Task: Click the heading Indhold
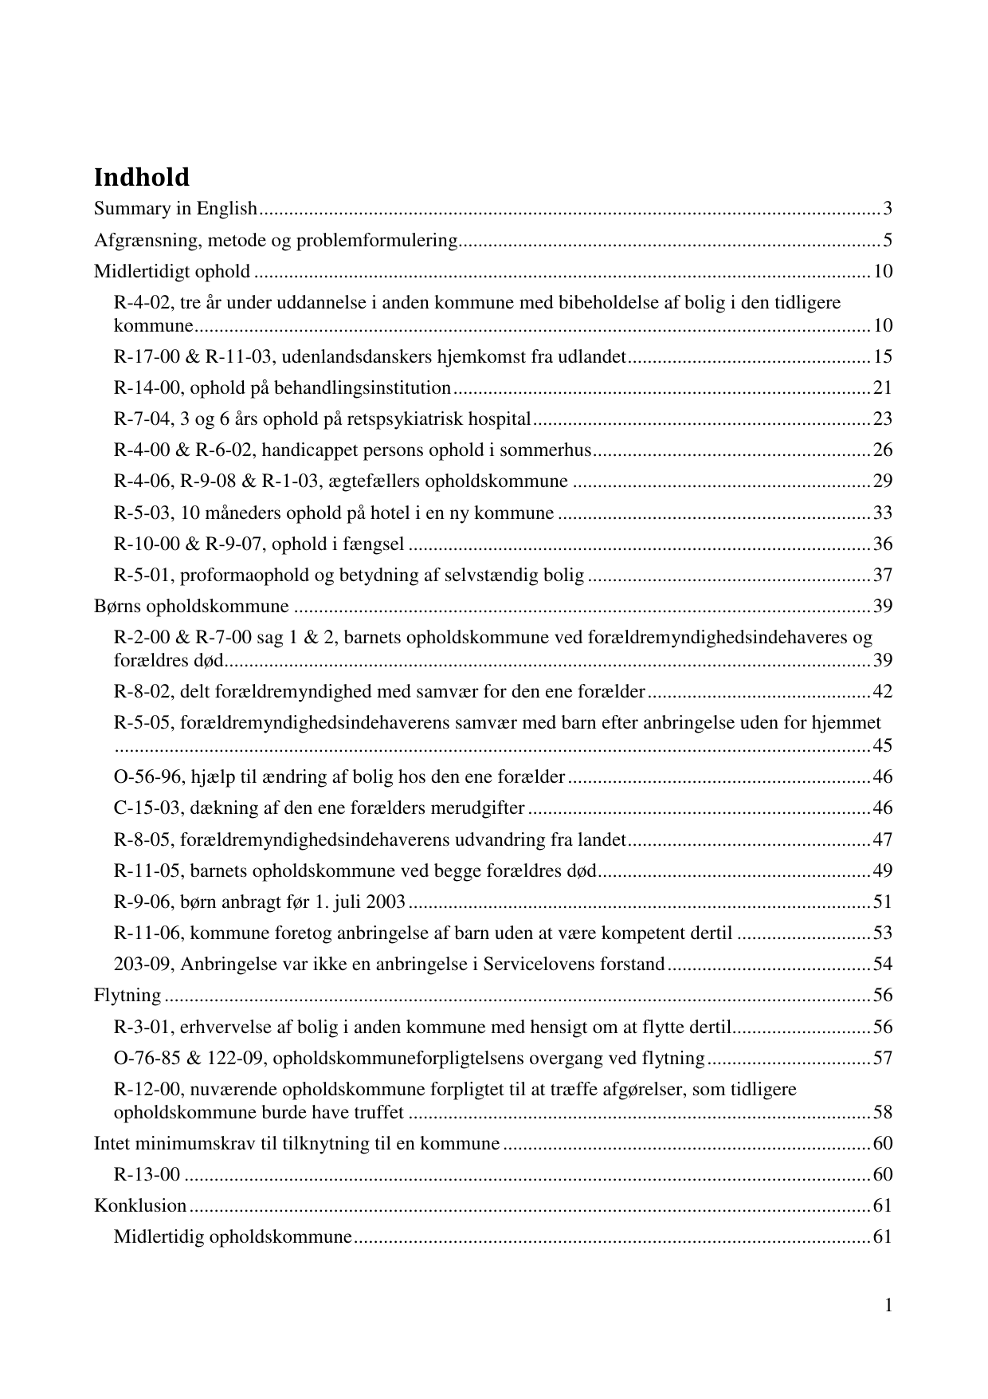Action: pos(142,177)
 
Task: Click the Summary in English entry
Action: pos(176,209)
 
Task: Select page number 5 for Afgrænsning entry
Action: pos(887,240)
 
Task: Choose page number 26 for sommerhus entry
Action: pos(883,450)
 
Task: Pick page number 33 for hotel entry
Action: pos(883,513)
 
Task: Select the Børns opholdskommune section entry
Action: pos(191,607)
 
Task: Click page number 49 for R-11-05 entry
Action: pos(883,870)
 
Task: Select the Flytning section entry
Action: pos(127,996)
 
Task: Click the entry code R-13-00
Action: pos(147,1175)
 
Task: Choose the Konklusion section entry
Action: pos(140,1206)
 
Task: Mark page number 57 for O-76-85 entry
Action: pos(883,1059)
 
